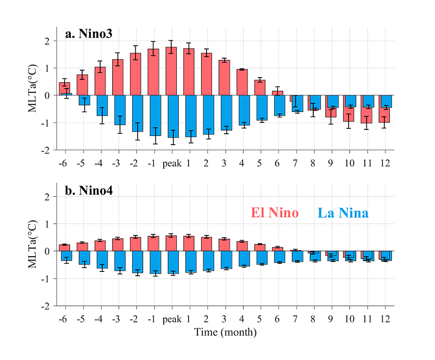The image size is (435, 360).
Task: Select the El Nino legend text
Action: click(275, 213)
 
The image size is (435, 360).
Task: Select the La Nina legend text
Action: click(343, 213)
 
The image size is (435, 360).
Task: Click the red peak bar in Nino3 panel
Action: click(171, 71)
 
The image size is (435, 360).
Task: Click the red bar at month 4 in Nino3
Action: click(241, 82)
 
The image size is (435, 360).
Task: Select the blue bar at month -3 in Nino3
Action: click(120, 110)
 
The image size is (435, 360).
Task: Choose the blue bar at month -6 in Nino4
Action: click(67, 256)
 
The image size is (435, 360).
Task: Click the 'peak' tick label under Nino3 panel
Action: click(172, 163)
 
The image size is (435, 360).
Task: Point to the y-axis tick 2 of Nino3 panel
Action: click(47, 41)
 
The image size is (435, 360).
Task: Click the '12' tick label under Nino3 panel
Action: click(385, 163)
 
